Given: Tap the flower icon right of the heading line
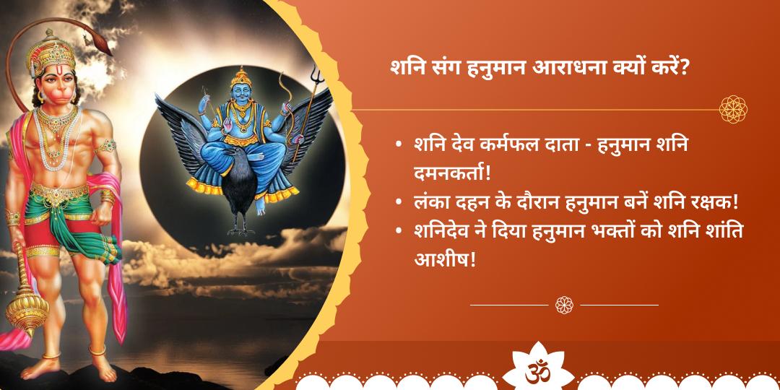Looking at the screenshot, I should coord(733,109).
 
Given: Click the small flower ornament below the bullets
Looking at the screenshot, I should coord(564,305).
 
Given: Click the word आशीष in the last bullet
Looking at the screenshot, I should coord(443,258).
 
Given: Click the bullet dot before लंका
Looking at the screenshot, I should coord(399,204).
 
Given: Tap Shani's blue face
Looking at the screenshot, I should coord(240,92).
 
